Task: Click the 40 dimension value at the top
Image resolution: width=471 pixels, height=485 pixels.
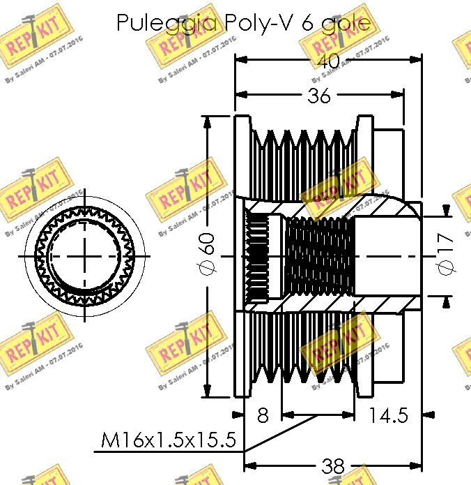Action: (329, 62)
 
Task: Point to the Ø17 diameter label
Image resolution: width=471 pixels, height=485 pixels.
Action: (445, 253)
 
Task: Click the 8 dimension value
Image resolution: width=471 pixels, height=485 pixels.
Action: (263, 416)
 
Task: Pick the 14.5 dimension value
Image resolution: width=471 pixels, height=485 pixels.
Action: (388, 416)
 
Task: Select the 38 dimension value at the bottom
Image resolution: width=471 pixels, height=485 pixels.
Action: (334, 466)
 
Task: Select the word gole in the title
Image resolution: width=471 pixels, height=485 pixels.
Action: (345, 24)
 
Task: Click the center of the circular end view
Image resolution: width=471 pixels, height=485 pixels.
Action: (86, 255)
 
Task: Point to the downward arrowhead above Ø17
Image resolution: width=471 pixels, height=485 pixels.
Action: (446, 211)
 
